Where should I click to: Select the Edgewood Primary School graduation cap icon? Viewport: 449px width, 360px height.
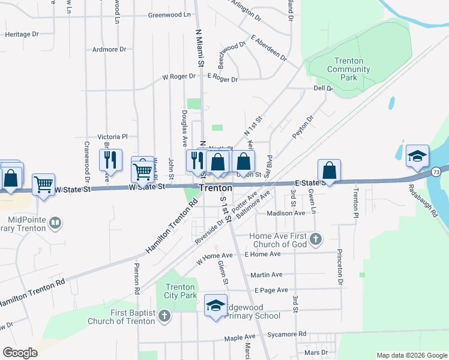pos(216,306)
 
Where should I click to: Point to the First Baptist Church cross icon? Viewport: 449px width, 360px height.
pos(164,317)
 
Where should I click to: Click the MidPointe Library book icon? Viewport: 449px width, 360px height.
pos(55,223)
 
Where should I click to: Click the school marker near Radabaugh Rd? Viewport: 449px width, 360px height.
pos(417,157)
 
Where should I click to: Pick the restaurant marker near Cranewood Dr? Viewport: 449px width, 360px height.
pos(110,160)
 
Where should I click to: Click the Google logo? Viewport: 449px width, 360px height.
pos(20,353)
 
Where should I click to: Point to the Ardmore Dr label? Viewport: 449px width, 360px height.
pos(109,49)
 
